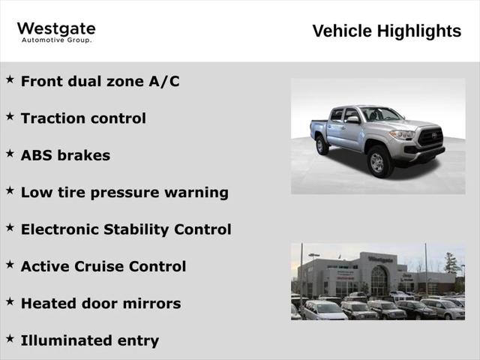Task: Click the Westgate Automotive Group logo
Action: [x=56, y=32]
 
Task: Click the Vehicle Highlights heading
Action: [x=386, y=31]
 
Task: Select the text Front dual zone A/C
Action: [x=100, y=81]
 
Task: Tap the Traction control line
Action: [x=83, y=118]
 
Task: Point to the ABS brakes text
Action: [x=65, y=155]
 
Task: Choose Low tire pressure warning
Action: [x=124, y=192]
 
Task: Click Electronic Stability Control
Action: [x=126, y=229]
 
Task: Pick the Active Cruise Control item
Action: [x=103, y=266]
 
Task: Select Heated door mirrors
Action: [x=100, y=304]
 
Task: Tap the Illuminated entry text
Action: [x=90, y=340]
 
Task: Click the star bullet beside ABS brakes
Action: [x=10, y=153]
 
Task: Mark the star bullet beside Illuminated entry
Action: [x=10, y=338]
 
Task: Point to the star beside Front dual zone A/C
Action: [x=10, y=79]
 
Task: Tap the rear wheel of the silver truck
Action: [x=322, y=145]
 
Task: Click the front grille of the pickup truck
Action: [x=430, y=137]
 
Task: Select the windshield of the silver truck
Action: [x=382, y=115]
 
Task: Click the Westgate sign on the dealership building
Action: [x=380, y=259]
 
